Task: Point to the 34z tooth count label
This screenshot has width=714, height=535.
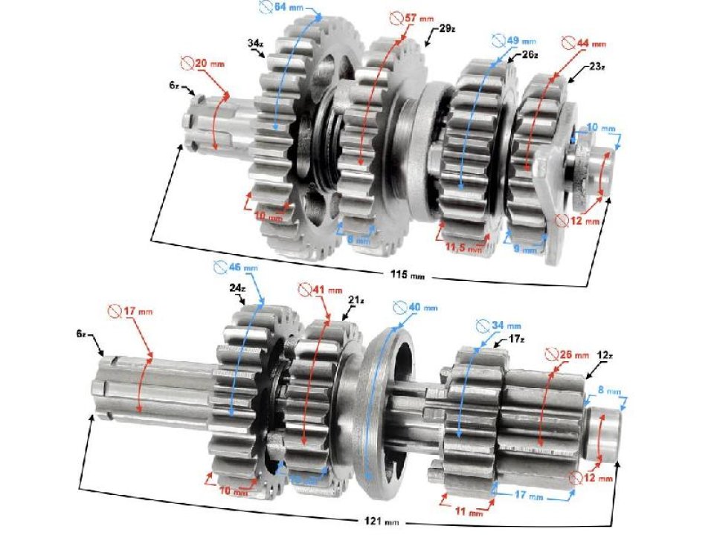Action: [x=255, y=44]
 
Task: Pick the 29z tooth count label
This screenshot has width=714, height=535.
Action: [x=447, y=29]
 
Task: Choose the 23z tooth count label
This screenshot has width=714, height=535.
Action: [x=596, y=67]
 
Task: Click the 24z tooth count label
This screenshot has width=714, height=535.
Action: [x=237, y=288]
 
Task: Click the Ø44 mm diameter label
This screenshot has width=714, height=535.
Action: [x=585, y=43]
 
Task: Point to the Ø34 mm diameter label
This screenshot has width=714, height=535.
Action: [x=499, y=325]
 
